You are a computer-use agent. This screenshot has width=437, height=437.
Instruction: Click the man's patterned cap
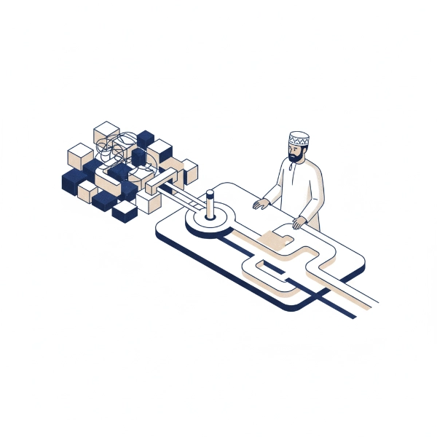pyautogui.click(x=299, y=138)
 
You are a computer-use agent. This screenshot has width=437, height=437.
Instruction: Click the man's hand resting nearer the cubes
pyautogui.click(x=259, y=205)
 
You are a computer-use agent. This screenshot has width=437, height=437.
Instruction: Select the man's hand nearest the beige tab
pyautogui.click(x=299, y=222)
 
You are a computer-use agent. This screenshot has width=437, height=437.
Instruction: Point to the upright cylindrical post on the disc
pyautogui.click(x=210, y=206)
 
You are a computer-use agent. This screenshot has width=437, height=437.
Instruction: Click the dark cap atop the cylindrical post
pyautogui.click(x=210, y=193)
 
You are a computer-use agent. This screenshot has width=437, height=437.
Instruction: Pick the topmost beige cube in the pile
pyautogui.click(x=106, y=132)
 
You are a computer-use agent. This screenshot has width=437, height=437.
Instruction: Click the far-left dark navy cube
pyautogui.click(x=71, y=181)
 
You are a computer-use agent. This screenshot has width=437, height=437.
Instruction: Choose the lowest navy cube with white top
pyautogui.click(x=125, y=211)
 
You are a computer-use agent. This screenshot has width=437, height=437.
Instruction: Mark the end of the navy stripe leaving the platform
pyautogui.click(x=353, y=315)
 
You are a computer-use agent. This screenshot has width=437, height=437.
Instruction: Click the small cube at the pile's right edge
pyautogui.click(x=189, y=171)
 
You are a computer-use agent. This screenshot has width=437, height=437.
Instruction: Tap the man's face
pyautogui.click(x=297, y=149)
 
